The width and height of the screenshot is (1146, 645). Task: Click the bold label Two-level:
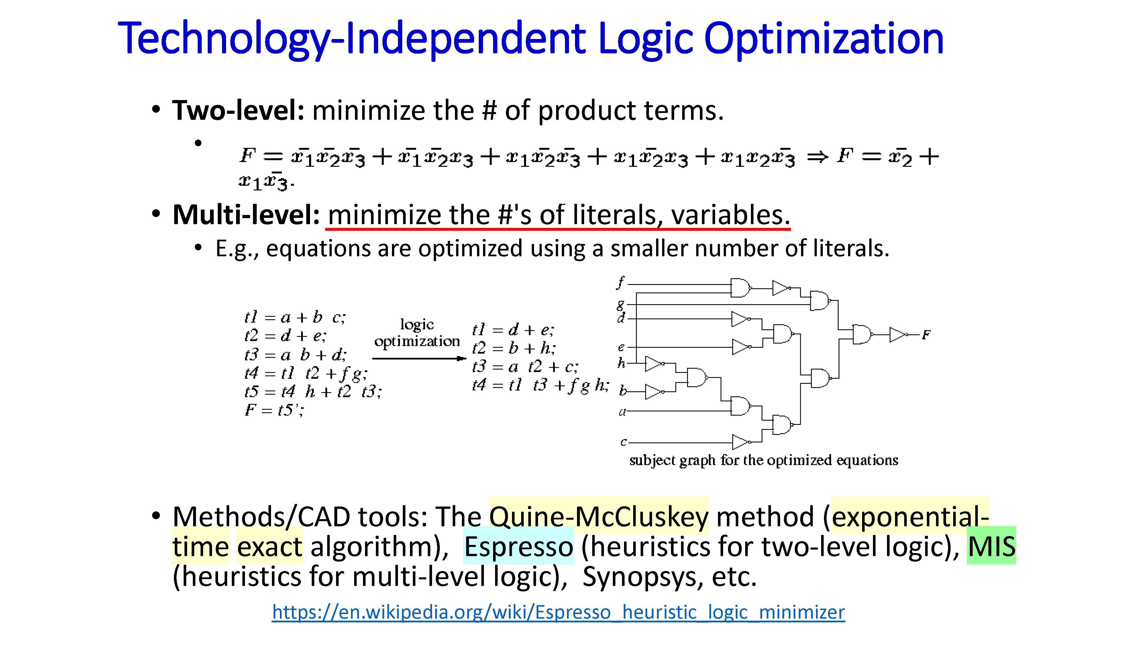pyautogui.click(x=238, y=110)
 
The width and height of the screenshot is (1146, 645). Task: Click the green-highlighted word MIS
pyautogui.click(x=992, y=546)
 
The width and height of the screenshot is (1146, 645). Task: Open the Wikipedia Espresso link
pyautogui.click(x=558, y=613)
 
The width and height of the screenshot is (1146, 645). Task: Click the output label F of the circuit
pyautogui.click(x=926, y=335)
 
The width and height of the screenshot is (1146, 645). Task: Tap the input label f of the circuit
pyautogui.click(x=621, y=282)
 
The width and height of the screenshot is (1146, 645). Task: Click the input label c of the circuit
pyautogui.click(x=623, y=442)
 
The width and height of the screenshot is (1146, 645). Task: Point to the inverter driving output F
pyautogui.click(x=898, y=334)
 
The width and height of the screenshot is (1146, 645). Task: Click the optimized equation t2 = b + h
pyautogui.click(x=514, y=348)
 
